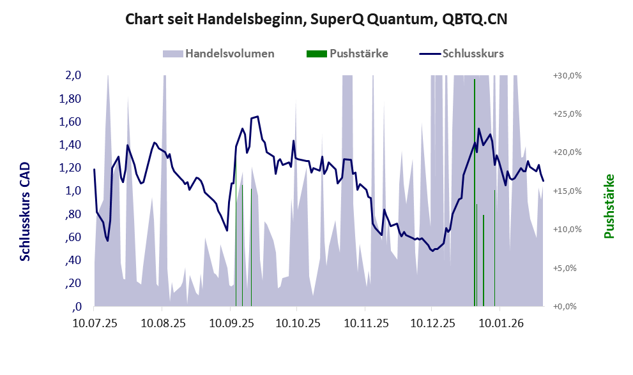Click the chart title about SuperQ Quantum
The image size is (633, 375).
click(316, 19)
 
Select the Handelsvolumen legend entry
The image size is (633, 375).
click(219, 54)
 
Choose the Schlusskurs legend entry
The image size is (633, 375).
click(461, 54)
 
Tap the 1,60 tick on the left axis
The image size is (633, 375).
click(70, 122)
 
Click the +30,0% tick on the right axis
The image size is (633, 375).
click(567, 75)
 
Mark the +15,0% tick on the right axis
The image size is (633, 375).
click(567, 191)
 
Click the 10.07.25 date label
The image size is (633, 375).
click(95, 324)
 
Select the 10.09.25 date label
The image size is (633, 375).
click(230, 324)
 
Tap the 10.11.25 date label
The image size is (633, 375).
click(364, 324)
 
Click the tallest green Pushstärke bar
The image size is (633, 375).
click(474, 191)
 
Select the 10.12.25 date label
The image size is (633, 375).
click(431, 324)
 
